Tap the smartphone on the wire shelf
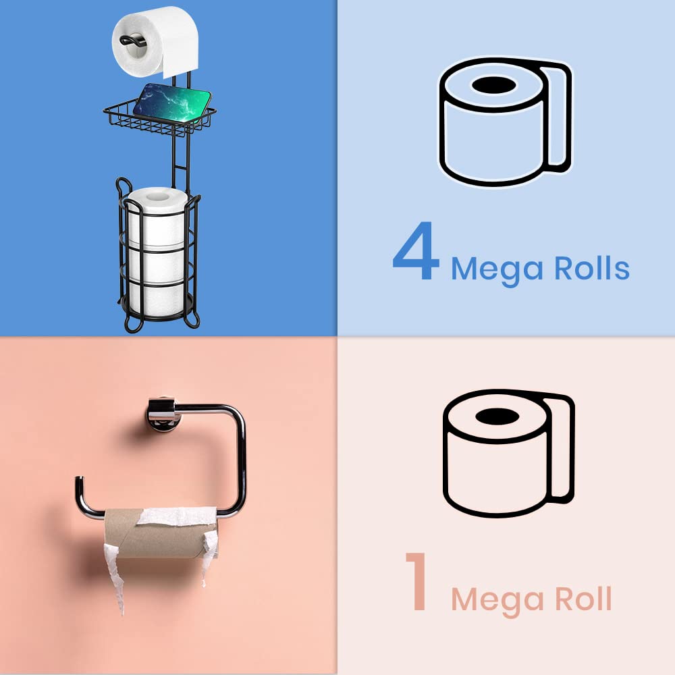point(172,100)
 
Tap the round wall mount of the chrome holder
point(159,413)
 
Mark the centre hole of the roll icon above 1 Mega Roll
point(496,416)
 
